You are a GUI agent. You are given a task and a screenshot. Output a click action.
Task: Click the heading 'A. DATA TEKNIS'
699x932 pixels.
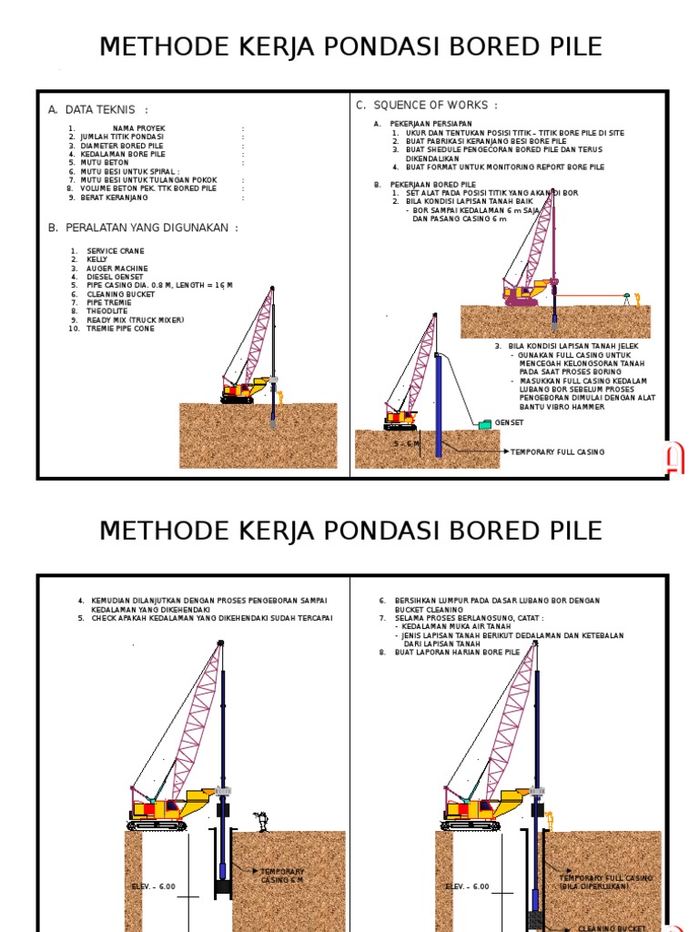[x=98, y=110]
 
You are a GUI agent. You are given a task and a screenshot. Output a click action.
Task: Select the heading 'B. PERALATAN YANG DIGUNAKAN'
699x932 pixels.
[x=143, y=228]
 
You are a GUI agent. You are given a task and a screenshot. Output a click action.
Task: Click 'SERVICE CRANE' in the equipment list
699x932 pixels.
[x=116, y=251]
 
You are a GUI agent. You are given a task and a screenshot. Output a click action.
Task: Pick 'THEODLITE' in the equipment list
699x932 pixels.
[x=107, y=311]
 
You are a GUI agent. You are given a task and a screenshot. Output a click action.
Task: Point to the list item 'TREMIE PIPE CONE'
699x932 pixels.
[x=120, y=329]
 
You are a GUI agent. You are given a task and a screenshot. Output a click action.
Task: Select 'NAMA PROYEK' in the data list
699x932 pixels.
[x=138, y=128]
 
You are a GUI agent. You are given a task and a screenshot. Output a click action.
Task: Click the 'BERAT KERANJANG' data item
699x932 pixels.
[x=114, y=198]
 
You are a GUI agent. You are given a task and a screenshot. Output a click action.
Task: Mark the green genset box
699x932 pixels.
[x=484, y=423]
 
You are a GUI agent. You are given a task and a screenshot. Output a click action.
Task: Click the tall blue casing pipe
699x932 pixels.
[x=438, y=405]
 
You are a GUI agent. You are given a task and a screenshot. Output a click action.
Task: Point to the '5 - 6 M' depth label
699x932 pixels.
[x=407, y=443]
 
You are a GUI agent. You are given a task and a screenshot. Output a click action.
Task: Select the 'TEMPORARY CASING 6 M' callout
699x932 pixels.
[x=282, y=876]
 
